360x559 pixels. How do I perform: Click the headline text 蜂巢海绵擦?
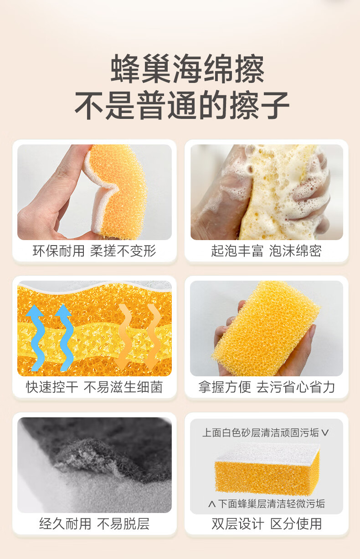(187, 69)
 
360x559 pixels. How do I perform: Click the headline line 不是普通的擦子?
(182, 105)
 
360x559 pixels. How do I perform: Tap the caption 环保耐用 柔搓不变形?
(94, 251)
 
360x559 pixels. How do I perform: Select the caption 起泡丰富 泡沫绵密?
(267, 251)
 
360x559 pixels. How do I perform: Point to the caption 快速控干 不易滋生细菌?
(94, 387)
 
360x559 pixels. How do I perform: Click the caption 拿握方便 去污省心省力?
(267, 387)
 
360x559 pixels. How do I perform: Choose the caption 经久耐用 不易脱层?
(94, 523)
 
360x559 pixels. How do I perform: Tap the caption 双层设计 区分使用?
(267, 523)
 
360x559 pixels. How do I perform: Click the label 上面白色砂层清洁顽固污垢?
(261, 433)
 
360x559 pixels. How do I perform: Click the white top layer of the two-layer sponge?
(267, 452)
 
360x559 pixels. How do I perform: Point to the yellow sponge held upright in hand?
(266, 328)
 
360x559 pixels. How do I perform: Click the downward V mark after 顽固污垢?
(325, 433)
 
